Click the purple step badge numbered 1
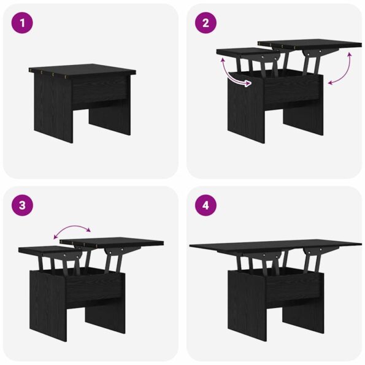click(x=22, y=23)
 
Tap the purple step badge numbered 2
click(x=206, y=23)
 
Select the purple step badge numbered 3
click(x=22, y=206)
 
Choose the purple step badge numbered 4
click(x=206, y=206)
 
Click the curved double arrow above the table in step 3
click(x=72, y=226)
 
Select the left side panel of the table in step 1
click(x=53, y=107)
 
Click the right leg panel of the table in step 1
click(x=110, y=120)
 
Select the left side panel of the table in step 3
click(x=48, y=305)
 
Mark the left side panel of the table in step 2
click(x=246, y=107)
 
